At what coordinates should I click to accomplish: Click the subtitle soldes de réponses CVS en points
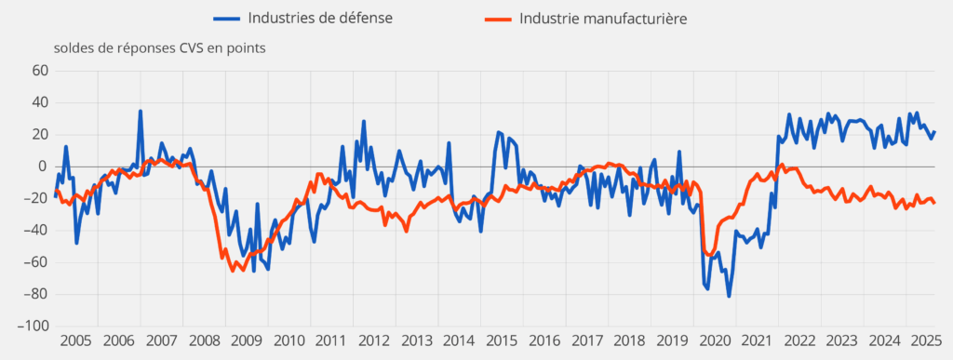161,48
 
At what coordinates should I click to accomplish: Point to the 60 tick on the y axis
38,71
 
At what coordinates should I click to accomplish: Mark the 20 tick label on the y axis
38,135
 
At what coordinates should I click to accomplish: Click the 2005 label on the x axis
74,342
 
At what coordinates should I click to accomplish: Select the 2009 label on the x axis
247,342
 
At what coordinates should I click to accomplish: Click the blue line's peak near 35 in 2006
141,112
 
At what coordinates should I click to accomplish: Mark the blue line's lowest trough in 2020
729,296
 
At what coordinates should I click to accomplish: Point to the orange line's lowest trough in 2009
233,271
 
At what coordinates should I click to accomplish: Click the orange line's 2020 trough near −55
711,255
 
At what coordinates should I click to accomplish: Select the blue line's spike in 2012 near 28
364,122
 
